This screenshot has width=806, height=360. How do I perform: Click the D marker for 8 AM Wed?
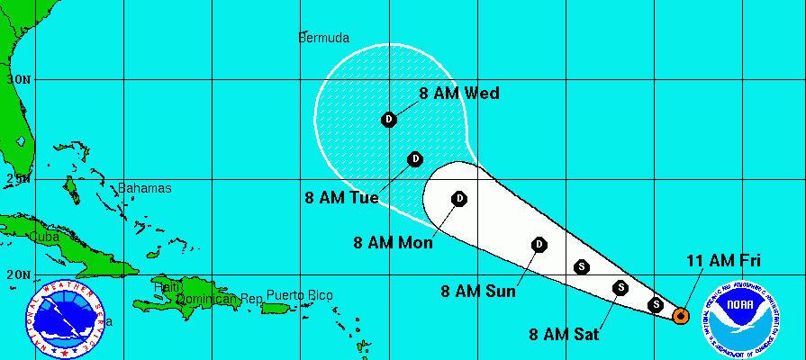389,119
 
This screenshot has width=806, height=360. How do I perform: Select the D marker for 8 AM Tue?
415,159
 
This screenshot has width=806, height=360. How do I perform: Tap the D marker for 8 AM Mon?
459,198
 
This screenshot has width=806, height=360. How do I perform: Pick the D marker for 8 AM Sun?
539,244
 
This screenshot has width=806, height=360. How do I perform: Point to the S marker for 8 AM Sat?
620,288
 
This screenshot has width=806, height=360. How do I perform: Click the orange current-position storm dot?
681,315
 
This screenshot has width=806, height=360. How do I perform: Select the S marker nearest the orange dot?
657,305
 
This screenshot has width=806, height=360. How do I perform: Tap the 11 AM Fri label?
724,261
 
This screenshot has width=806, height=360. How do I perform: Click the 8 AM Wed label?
459,93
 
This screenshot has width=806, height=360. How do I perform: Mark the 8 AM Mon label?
394,242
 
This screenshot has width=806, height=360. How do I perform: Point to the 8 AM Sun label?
478,291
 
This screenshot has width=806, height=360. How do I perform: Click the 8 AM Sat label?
565,336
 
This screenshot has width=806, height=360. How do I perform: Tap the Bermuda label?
323,38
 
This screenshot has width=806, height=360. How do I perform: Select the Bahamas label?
144,188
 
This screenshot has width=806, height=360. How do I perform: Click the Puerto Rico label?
300,295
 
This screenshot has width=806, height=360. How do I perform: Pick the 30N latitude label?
18,78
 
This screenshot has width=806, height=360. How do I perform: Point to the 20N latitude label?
18,274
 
